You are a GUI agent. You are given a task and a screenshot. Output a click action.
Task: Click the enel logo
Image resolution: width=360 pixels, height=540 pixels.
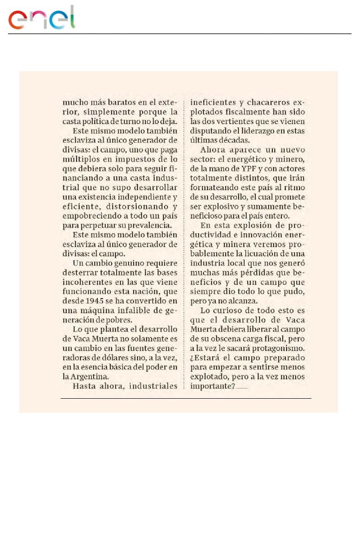tap(42, 18)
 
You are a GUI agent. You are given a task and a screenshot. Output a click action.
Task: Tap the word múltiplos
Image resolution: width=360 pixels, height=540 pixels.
tap(80, 160)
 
